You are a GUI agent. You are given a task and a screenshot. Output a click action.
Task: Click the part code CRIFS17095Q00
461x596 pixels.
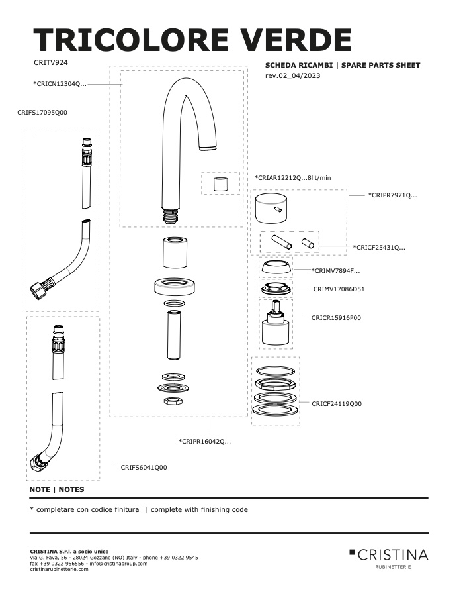point(42,112)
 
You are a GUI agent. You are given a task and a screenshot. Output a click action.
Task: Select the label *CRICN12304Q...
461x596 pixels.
point(60,84)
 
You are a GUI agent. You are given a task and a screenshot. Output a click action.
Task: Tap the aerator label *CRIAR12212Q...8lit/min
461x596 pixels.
point(292,177)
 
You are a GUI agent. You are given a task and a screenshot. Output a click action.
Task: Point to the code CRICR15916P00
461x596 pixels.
point(336,317)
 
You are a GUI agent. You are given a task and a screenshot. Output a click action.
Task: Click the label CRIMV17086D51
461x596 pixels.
point(339,289)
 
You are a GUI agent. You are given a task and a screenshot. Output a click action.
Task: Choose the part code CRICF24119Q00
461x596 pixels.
point(337,404)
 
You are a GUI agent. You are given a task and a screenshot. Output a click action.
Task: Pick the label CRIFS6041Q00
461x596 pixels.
point(144,467)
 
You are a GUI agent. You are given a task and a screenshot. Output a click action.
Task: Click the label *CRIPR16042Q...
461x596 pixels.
point(204,441)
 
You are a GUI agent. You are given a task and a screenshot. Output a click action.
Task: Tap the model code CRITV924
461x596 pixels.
point(50,62)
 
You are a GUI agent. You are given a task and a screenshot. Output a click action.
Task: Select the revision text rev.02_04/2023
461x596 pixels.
point(292,75)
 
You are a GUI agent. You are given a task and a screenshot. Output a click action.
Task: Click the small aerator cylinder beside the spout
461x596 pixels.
point(220,184)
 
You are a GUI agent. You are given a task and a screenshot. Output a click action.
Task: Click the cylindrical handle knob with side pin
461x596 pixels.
point(271,209)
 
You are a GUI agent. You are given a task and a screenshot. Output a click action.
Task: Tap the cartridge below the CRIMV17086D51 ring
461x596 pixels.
point(276,323)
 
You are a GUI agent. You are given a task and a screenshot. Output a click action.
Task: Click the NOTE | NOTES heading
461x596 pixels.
point(57,489)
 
